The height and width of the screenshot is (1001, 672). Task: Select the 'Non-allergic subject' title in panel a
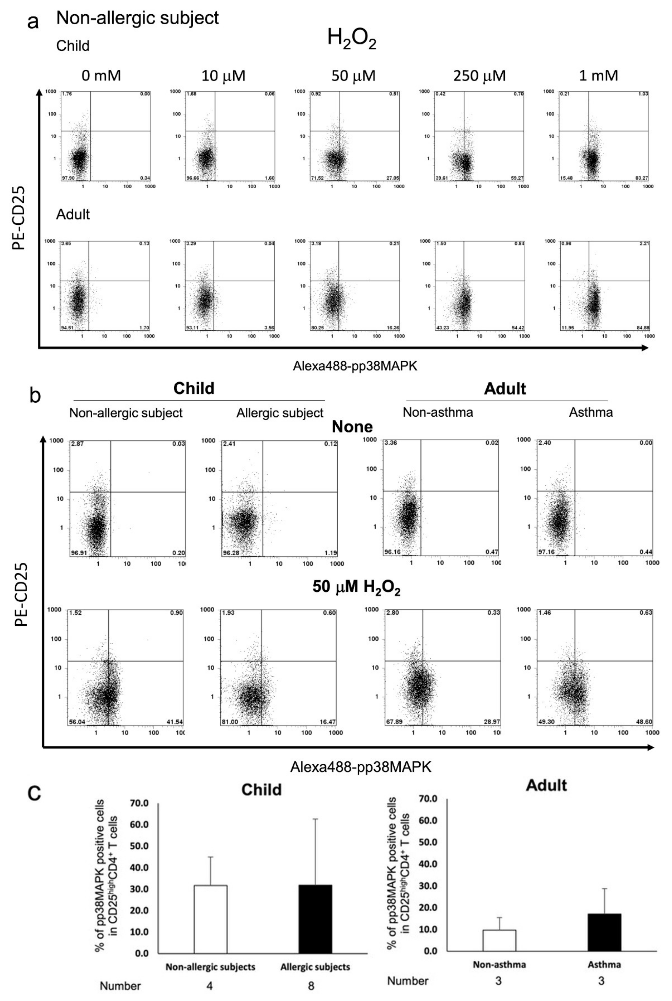[137, 18]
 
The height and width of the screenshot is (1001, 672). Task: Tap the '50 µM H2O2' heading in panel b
[356, 586]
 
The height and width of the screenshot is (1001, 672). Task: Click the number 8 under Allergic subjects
[311, 986]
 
